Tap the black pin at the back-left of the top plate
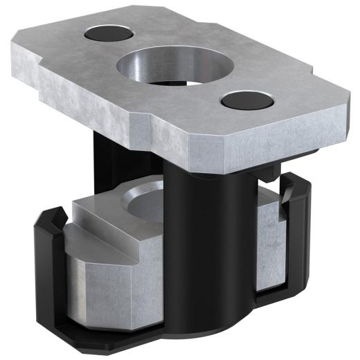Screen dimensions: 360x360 109,33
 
